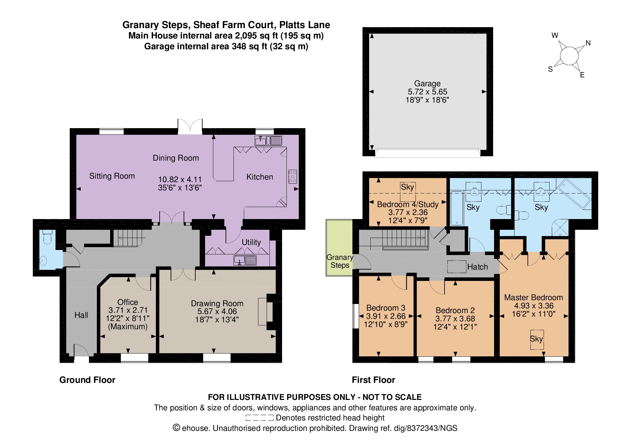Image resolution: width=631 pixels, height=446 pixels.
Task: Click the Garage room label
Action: (427, 84)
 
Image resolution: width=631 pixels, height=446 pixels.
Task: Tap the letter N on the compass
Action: (588, 43)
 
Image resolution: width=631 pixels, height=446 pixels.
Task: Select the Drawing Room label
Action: (217, 303)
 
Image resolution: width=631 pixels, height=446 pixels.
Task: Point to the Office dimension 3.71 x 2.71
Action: (128, 310)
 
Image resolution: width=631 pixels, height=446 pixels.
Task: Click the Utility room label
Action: (251, 242)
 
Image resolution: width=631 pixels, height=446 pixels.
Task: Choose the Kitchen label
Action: (260, 177)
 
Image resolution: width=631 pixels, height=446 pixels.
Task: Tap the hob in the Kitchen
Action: (292, 177)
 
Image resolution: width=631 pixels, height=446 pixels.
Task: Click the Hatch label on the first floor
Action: (477, 267)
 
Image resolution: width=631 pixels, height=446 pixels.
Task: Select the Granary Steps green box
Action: (339, 248)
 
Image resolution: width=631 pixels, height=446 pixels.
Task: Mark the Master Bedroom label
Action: (534, 297)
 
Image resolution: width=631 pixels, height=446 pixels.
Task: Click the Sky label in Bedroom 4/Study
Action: (407, 187)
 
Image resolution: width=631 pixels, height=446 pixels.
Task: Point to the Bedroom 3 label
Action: (386, 308)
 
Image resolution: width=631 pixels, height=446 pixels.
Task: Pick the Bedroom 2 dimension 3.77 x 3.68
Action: (455, 318)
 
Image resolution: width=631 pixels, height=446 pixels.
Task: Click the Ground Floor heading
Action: (87, 380)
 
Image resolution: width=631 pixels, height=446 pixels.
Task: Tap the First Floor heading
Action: (374, 380)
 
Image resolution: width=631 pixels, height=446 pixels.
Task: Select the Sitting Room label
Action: (112, 176)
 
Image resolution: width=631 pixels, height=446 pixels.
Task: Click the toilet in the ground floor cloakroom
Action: (47, 237)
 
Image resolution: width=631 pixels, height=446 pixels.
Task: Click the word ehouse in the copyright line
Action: (196, 428)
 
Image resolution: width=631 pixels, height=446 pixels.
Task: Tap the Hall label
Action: (81, 315)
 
